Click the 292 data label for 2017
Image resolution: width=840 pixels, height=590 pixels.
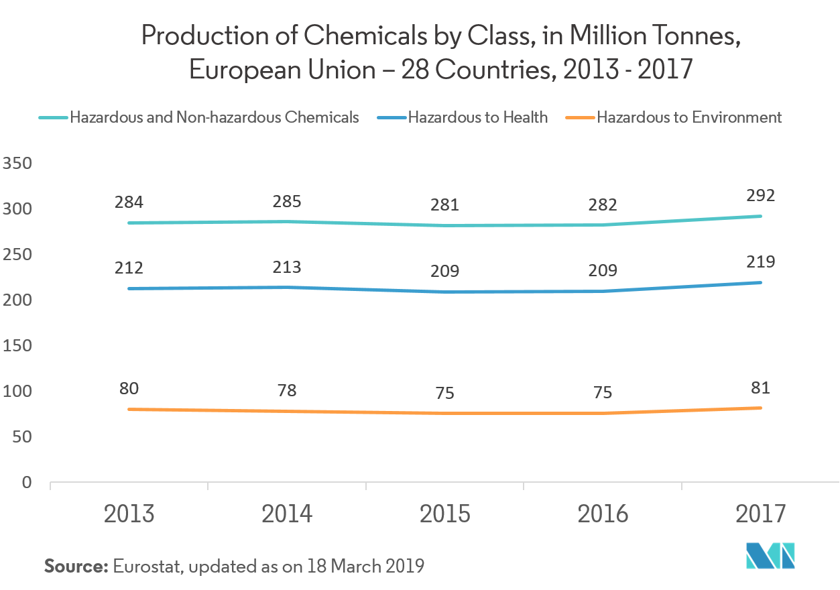point(760,196)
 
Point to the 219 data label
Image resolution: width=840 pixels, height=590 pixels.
point(760,261)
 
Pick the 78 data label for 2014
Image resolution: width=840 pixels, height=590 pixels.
point(287,390)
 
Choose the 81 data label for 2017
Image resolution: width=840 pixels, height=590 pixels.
point(760,388)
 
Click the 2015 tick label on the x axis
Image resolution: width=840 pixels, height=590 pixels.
point(445,514)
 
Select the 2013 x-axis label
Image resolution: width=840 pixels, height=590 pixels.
point(129,514)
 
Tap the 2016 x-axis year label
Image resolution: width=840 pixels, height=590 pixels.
point(603,514)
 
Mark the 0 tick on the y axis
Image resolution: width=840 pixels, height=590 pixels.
point(26,483)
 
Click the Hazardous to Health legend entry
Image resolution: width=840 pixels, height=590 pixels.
point(477,118)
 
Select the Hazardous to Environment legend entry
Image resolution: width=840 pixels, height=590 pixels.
point(688,118)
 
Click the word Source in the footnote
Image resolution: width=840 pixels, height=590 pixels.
point(76,566)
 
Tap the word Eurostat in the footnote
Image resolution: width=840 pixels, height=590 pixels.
point(148,566)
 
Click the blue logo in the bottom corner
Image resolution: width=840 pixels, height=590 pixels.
point(770,556)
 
